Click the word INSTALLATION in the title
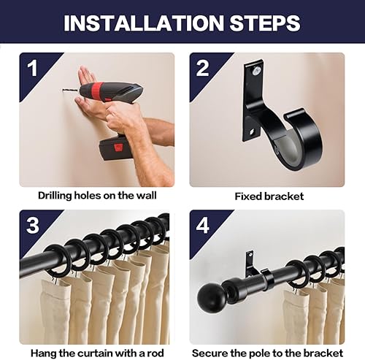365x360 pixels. pos(144,23)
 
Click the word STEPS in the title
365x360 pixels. pos(265,23)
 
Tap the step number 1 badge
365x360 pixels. pos(32,68)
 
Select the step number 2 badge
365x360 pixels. pos(202,68)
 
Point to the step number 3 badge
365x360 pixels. pos(33,226)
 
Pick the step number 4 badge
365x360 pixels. pos(202,226)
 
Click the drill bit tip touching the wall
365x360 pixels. pos(64,90)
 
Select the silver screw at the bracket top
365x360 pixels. pos(256,70)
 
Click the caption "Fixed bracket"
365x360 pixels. pos(269,196)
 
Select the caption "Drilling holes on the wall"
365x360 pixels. pos(97,196)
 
